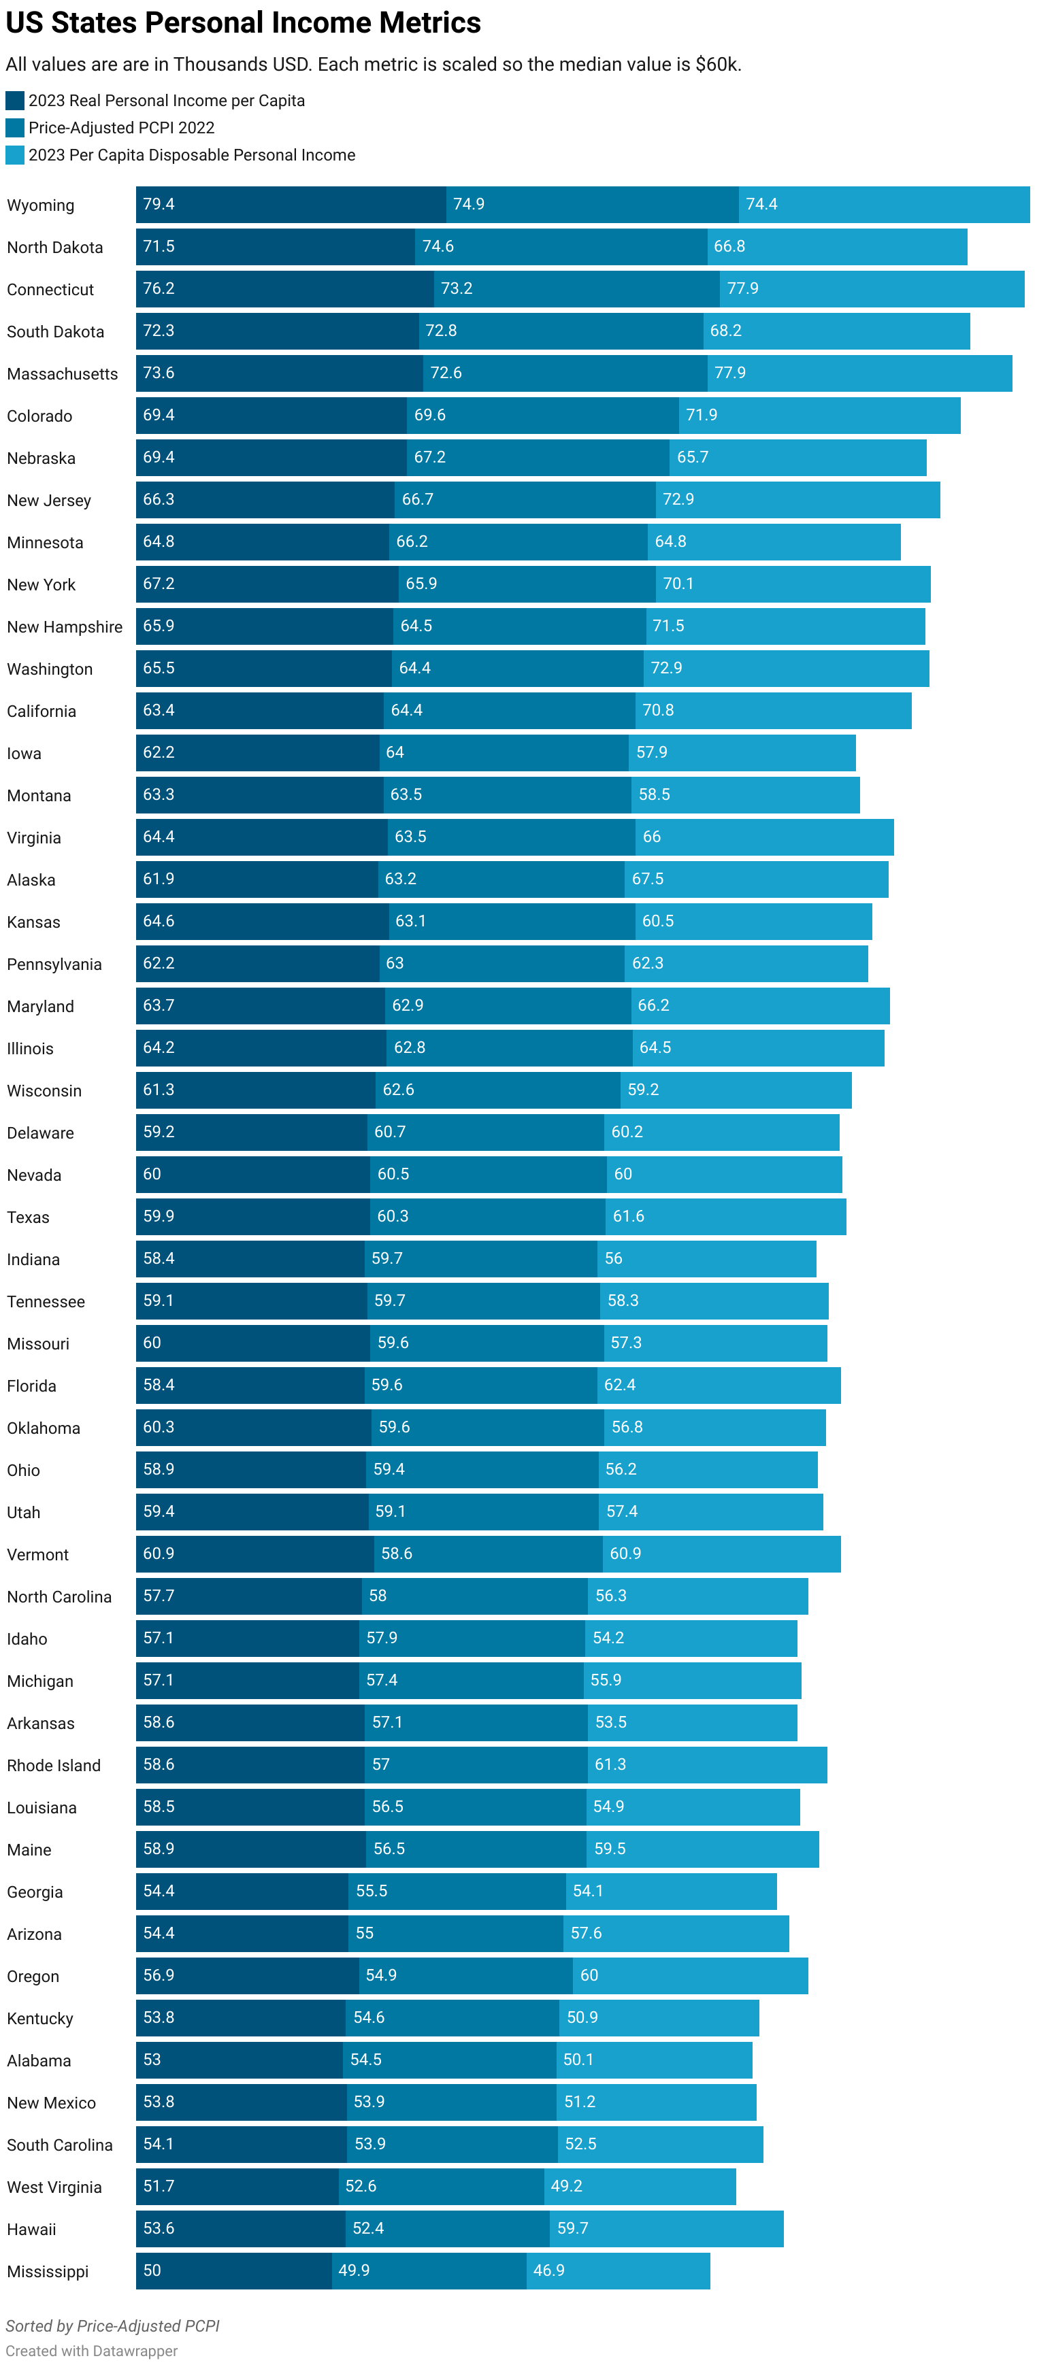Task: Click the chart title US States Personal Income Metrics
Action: click(243, 22)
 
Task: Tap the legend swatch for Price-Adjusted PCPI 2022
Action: click(15, 128)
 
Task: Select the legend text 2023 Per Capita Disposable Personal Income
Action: click(191, 155)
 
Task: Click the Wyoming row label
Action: click(40, 205)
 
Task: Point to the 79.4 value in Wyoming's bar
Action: click(158, 204)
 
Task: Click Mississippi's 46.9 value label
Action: click(549, 2270)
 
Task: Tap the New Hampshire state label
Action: click(65, 626)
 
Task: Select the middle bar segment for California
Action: click(508, 710)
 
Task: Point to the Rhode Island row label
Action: click(53, 1765)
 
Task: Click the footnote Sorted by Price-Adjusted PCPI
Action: click(112, 2326)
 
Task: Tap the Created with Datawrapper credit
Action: click(91, 2351)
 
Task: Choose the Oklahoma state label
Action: click(44, 1428)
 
